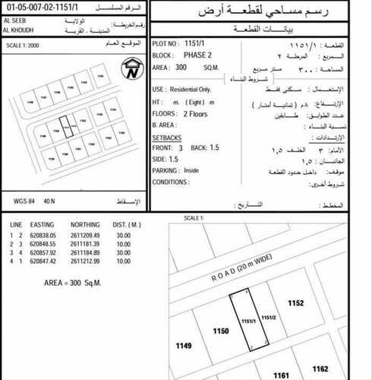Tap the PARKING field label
(166, 171)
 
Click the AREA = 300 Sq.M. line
(73, 282)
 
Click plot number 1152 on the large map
(296, 302)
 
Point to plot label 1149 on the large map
(184, 345)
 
